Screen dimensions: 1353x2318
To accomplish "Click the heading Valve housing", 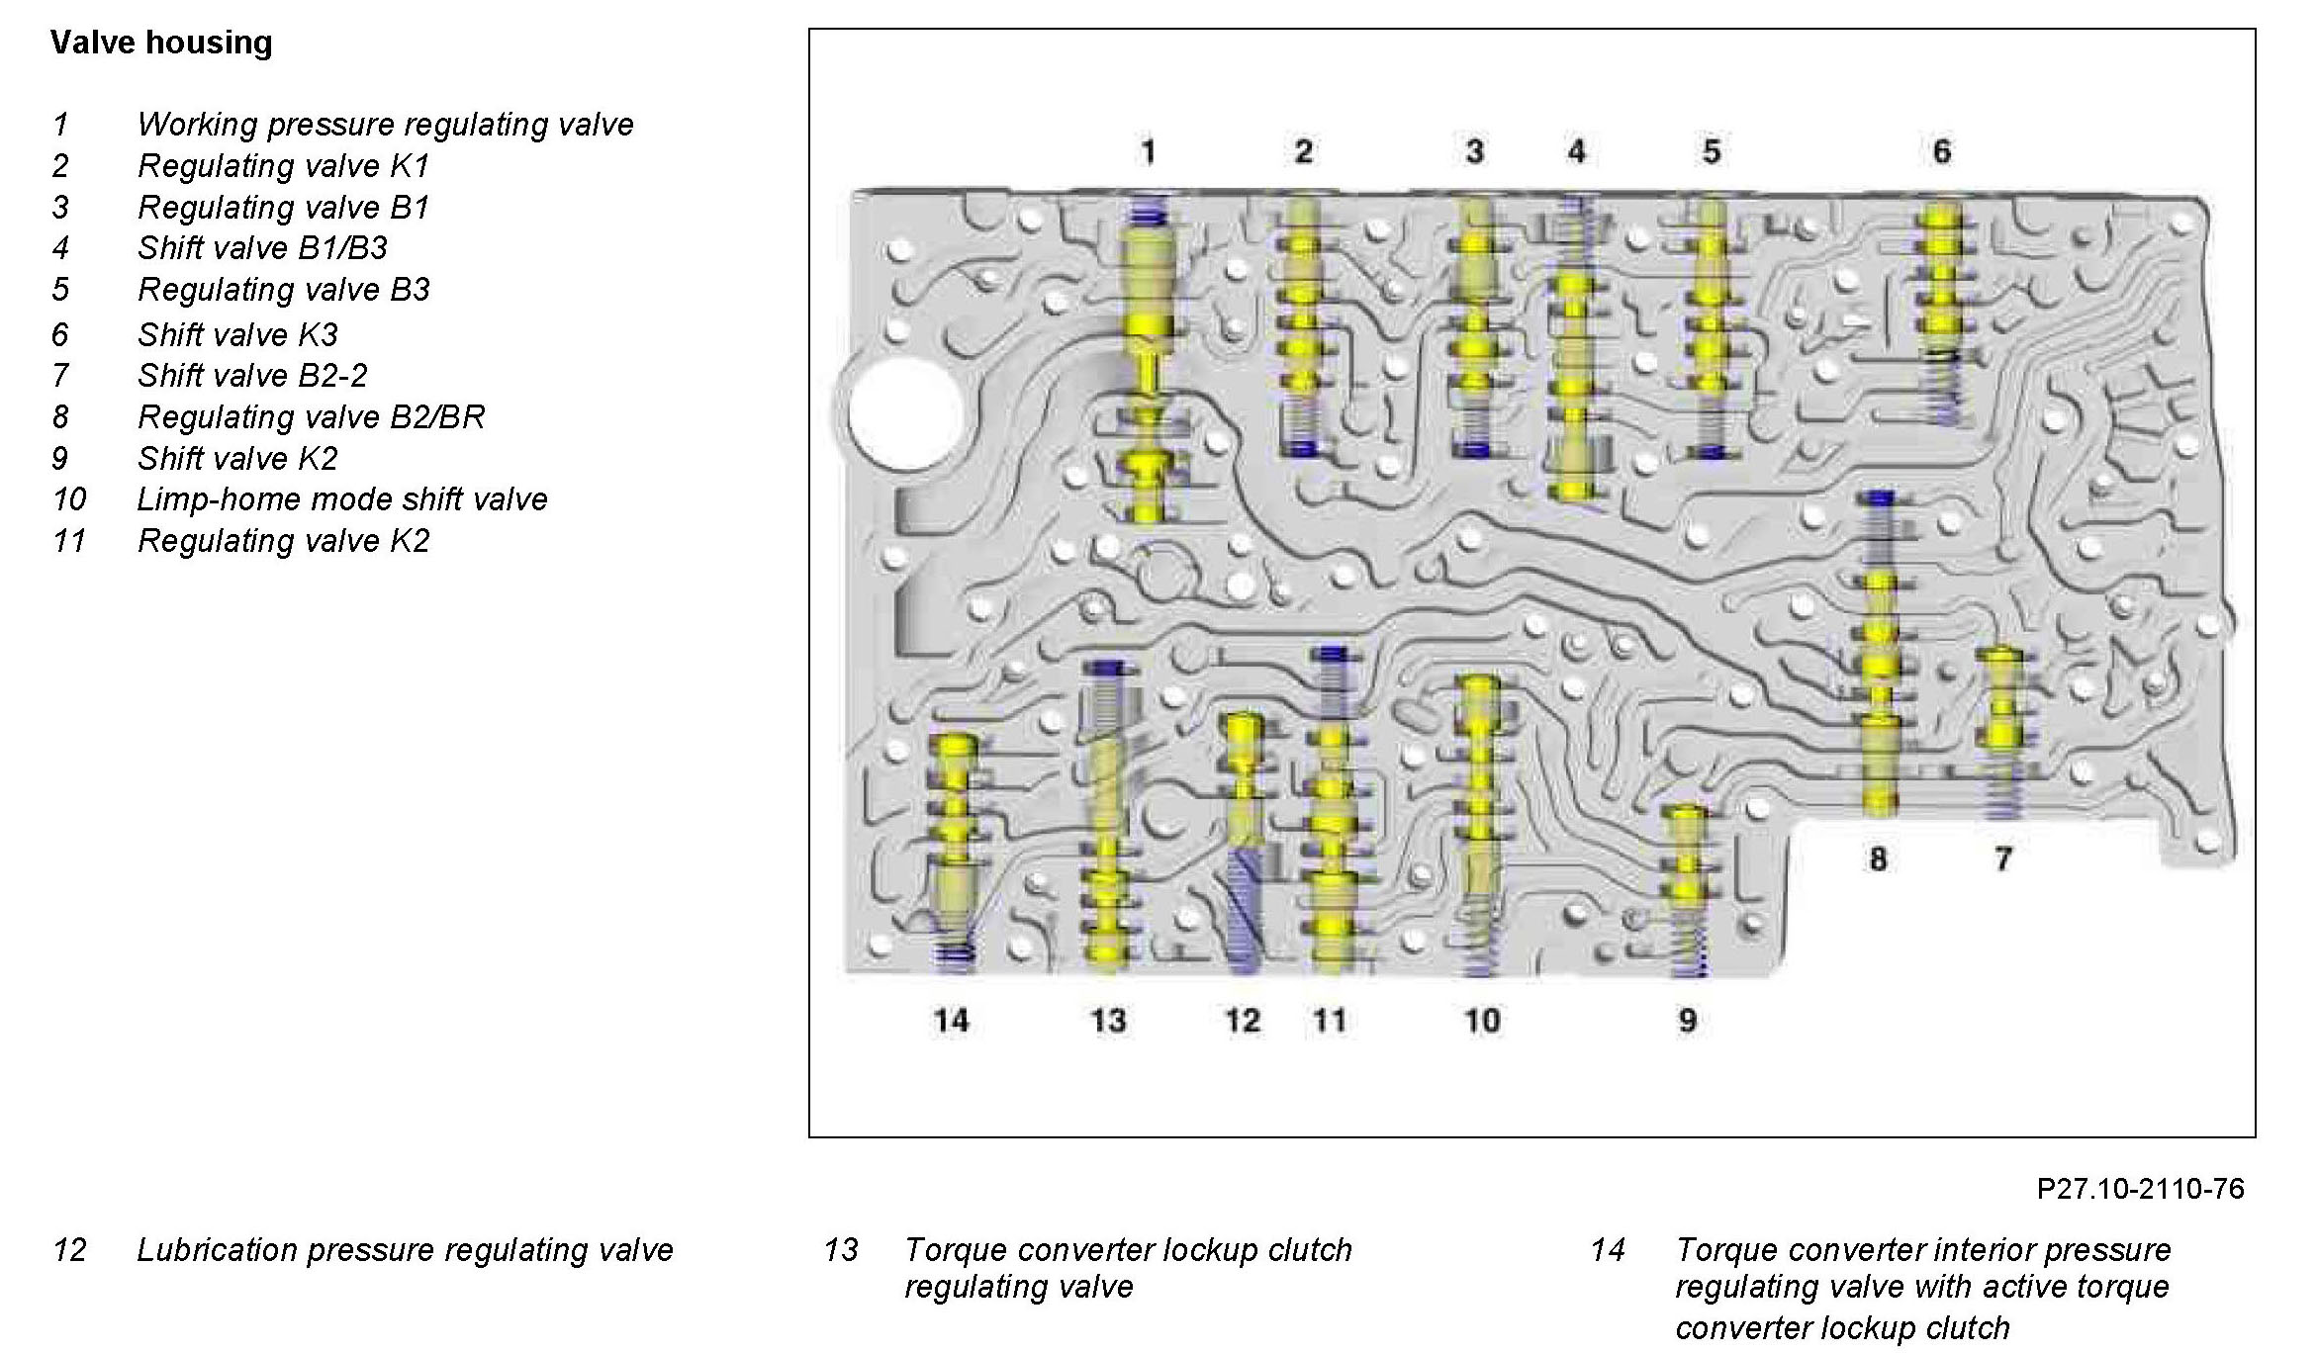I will [161, 43].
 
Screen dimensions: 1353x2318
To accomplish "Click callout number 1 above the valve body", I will [1148, 152].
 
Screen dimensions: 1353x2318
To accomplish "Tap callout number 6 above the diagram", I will [1941, 152].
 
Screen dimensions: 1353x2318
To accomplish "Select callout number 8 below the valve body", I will [1878, 858].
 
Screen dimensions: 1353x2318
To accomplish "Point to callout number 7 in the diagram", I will [2003, 858].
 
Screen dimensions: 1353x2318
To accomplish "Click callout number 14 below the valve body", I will [951, 1020].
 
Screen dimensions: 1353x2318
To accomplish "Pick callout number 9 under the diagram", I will [1688, 1020].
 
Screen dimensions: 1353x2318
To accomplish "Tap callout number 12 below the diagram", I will [1243, 1020].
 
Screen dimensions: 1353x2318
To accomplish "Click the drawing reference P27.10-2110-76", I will [2140, 1188].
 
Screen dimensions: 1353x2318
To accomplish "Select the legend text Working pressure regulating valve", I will [386, 125].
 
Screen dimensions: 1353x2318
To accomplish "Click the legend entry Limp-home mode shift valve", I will [342, 499].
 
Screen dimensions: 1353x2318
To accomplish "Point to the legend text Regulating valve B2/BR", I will [312, 417].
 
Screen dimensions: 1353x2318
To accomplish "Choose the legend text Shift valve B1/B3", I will [263, 248].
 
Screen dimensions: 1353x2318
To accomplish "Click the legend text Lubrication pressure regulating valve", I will [405, 1250].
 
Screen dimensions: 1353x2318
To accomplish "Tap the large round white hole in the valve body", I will [906, 413].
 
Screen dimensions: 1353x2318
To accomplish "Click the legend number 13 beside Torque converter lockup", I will [841, 1250].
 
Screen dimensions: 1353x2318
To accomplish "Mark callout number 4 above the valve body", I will [1576, 152].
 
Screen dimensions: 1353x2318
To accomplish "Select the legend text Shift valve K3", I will [238, 335].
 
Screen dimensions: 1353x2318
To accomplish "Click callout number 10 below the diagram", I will [1481, 1020].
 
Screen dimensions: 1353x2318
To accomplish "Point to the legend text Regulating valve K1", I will [284, 166].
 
